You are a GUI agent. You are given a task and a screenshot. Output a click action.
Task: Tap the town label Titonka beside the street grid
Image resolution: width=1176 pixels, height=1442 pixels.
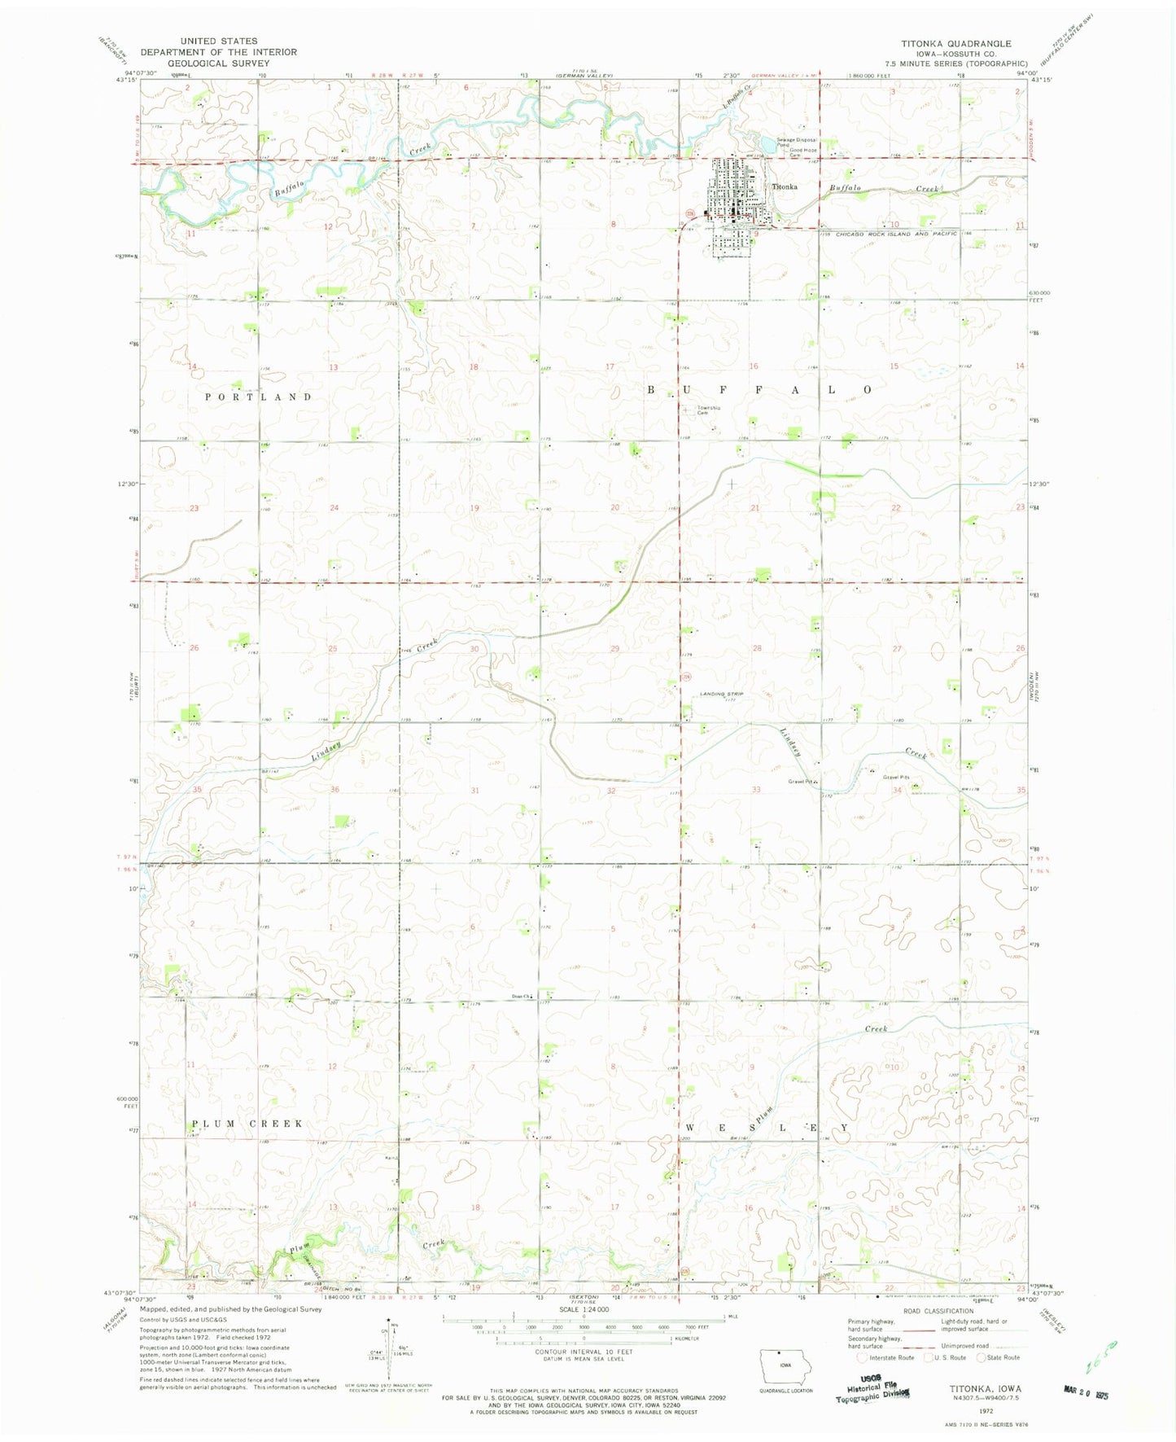[x=785, y=186]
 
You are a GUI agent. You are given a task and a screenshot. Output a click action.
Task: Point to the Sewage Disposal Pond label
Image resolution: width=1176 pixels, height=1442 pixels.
[x=796, y=142]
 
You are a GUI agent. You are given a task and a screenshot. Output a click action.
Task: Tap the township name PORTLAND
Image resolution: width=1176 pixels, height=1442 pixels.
[x=258, y=397]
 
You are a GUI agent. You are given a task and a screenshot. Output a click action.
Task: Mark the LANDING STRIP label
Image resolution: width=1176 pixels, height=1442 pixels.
[x=722, y=694]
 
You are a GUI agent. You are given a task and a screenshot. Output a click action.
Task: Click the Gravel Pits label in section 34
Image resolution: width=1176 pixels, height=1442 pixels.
[x=896, y=777]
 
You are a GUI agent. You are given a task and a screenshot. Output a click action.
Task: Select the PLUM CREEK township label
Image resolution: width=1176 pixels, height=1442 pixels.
[x=247, y=1124]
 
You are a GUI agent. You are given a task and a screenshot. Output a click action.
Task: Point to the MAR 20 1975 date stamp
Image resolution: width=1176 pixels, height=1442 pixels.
[x=1086, y=1393]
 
